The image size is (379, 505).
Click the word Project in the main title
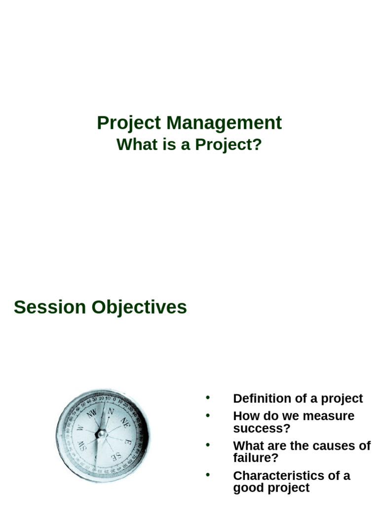pos(129,123)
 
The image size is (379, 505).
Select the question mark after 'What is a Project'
pos(256,145)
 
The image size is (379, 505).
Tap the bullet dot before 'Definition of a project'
pos(208,397)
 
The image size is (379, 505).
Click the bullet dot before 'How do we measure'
pos(208,415)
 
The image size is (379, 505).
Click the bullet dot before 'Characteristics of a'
pos(208,475)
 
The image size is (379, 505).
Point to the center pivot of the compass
pos(102,434)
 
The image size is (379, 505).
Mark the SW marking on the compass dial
pos(80,448)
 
